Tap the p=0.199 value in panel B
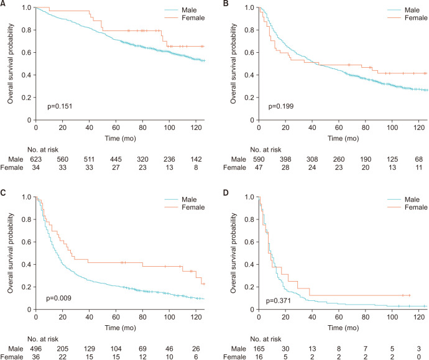(280, 106)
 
